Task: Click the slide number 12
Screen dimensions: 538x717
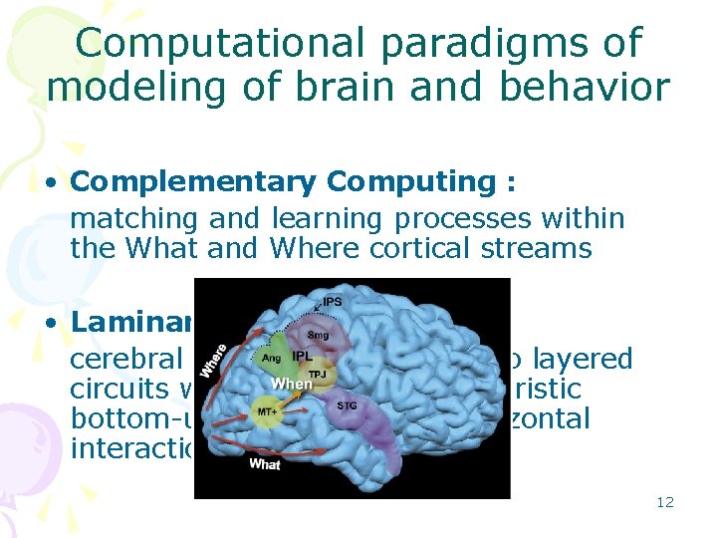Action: (665, 502)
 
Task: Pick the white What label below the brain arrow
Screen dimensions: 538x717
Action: (264, 463)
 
